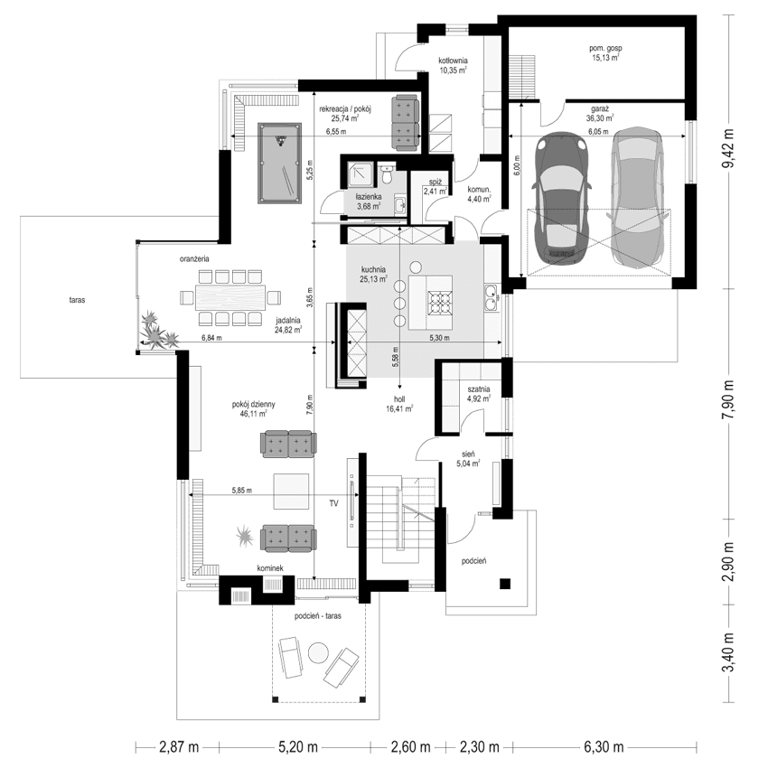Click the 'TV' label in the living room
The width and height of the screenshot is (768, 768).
333,501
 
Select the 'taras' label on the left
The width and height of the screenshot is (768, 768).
75,300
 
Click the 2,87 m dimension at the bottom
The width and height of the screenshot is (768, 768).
179,747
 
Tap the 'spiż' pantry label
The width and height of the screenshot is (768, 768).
434,181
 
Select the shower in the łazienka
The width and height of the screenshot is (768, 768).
361,172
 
